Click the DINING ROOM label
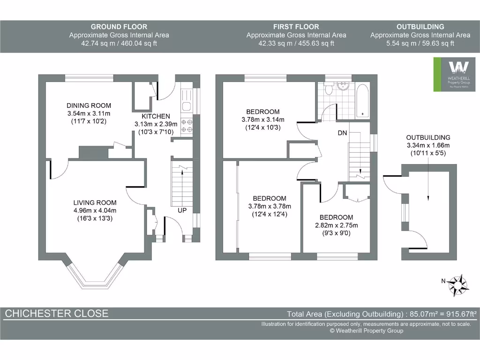[x=89, y=105]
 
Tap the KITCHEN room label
[x=156, y=116]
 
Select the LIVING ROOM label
[x=95, y=202]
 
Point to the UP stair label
[x=182, y=211]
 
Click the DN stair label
[x=342, y=133]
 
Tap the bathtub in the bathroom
[x=362, y=100]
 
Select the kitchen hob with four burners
[x=187, y=125]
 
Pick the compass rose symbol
[x=457, y=283]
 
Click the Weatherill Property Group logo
[x=452, y=75]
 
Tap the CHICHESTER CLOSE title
[x=56, y=314]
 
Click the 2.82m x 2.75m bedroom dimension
[x=336, y=225]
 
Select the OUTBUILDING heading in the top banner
[x=420, y=27]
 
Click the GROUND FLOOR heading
[x=119, y=27]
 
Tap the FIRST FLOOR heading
[x=296, y=27]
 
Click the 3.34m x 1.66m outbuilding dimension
[x=428, y=145]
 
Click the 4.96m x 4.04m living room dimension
[x=95, y=210]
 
